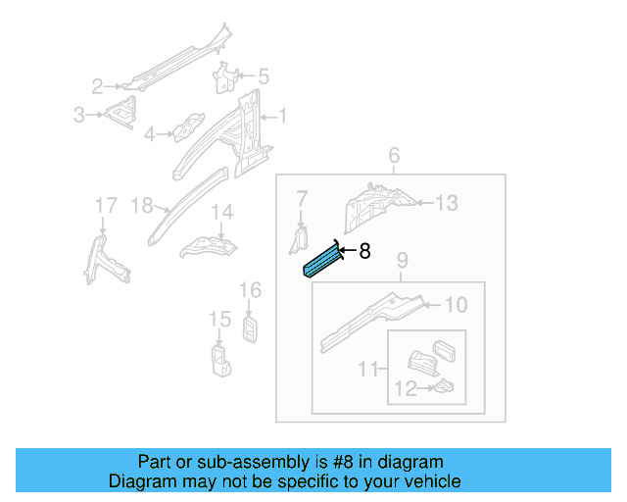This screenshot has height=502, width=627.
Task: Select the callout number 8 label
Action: click(364, 251)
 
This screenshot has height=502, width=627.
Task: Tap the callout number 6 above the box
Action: click(394, 156)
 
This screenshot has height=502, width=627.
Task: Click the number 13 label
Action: click(446, 203)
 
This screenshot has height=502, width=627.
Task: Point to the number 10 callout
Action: click(456, 305)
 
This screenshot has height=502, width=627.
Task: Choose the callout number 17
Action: click(105, 205)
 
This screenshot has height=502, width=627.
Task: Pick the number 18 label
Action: click(142, 205)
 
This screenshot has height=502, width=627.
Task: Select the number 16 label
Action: click(251, 289)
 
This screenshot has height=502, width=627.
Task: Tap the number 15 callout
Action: click(218, 319)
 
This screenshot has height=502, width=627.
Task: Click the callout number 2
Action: click(98, 85)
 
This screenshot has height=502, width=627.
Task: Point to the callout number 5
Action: click(263, 75)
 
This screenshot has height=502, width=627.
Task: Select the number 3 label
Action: click(79, 116)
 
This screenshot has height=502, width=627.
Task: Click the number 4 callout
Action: click(150, 134)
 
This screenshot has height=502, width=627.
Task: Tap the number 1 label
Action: click(282, 117)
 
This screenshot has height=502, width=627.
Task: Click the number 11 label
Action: click(369, 369)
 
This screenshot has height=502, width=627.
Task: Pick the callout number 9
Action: click(401, 261)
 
